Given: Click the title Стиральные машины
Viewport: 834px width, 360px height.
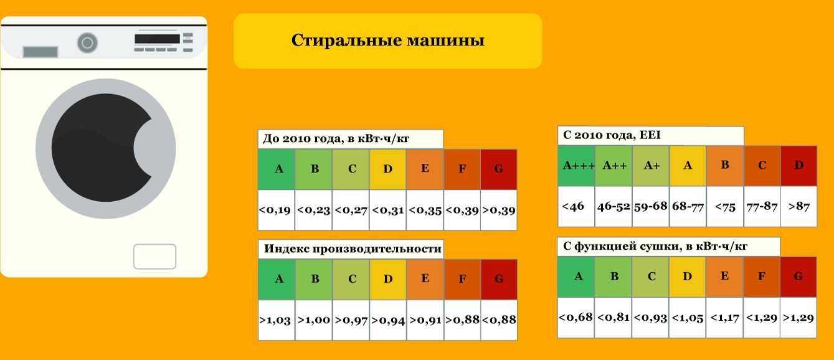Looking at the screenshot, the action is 387,40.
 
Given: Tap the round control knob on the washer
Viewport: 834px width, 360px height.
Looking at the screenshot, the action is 87,43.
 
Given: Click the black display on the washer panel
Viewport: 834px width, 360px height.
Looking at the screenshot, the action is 157,39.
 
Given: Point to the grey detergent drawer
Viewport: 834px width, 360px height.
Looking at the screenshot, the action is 40,52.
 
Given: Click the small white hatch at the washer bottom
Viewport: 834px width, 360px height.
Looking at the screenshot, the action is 154,257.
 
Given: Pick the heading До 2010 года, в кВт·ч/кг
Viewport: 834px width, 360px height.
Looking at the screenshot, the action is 336,139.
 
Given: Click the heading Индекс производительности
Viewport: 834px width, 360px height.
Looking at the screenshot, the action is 353,249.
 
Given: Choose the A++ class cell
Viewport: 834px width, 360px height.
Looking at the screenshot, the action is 614,166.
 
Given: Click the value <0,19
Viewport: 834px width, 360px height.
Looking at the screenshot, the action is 275,210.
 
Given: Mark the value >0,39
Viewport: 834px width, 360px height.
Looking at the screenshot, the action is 499,211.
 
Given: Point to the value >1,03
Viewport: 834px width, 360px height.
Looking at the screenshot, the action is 275,320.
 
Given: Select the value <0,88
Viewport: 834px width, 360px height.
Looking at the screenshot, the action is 499,320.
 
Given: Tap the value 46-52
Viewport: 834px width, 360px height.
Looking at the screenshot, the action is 614,206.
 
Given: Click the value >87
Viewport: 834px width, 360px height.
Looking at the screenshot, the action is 799,206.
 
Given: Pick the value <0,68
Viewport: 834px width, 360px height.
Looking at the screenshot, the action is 576,317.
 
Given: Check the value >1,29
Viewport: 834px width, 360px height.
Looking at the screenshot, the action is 798,318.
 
